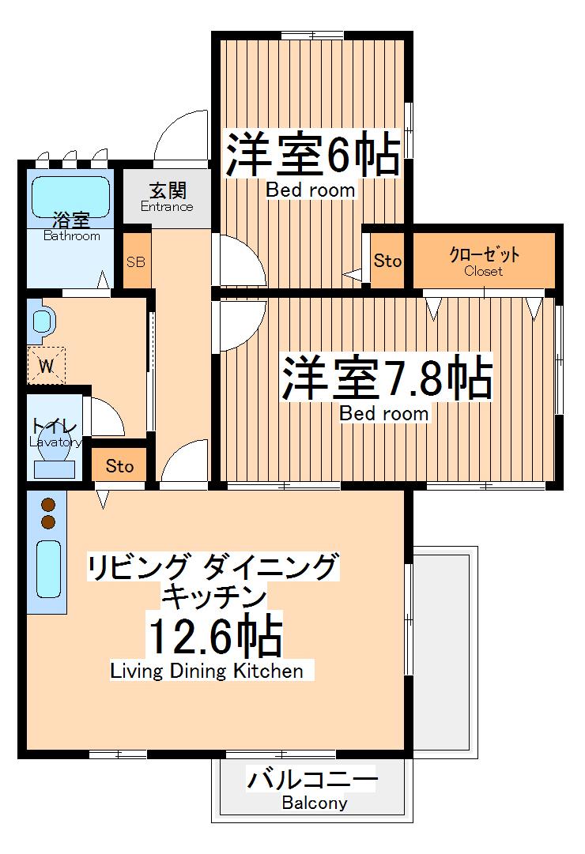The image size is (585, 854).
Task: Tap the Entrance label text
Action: point(167,207)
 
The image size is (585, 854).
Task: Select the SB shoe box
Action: point(136,261)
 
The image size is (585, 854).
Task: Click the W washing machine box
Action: point(47,365)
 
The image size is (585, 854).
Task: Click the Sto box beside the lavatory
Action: point(119,466)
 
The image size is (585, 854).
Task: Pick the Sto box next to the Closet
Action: point(387,261)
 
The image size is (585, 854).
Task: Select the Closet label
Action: point(483,271)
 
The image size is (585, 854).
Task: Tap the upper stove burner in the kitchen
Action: point(47,505)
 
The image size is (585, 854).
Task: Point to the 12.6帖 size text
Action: point(213,636)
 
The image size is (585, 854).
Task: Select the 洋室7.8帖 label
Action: point(387,379)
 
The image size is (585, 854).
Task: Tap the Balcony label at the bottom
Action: point(314,803)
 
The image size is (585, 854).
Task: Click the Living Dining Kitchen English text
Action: point(206,672)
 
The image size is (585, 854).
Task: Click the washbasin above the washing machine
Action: point(43,321)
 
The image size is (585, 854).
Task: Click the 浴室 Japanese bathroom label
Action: point(70,220)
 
